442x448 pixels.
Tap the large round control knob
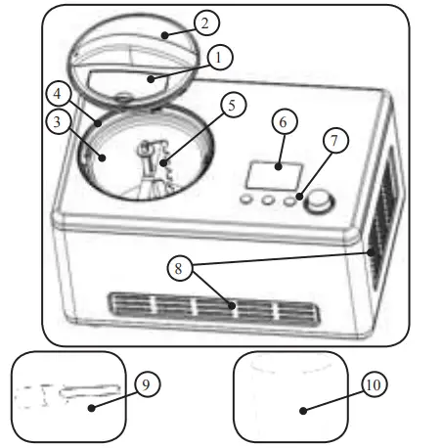(319, 202)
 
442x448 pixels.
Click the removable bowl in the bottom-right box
(290, 396)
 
